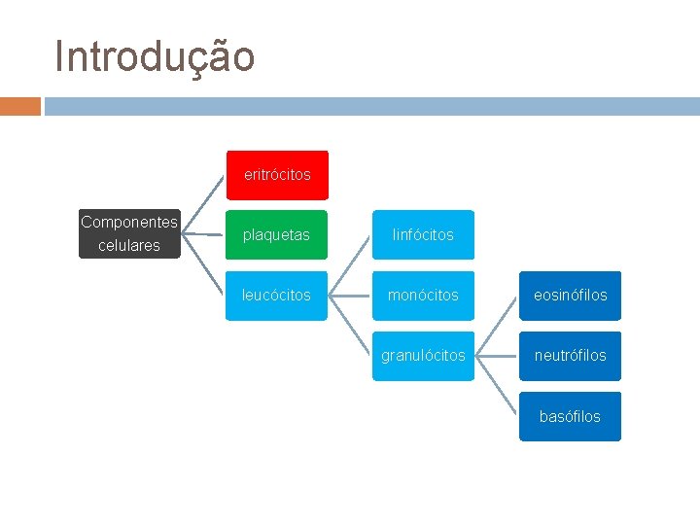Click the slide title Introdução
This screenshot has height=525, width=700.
pyautogui.click(x=156, y=56)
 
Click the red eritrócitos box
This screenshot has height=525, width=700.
pyautogui.click(x=277, y=175)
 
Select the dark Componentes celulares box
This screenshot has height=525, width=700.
pyautogui.click(x=129, y=234)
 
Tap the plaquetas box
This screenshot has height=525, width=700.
pyautogui.click(x=277, y=235)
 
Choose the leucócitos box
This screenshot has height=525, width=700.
pyautogui.click(x=277, y=296)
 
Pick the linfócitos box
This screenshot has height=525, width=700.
pyautogui.click(x=423, y=235)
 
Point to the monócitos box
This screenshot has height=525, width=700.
pyautogui.click(x=423, y=296)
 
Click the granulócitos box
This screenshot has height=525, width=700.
pyautogui.click(x=423, y=356)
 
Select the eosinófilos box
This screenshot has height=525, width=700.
pyautogui.click(x=570, y=296)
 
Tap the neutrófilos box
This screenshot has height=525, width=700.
pyautogui.click(x=570, y=356)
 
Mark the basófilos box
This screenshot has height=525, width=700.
pyautogui.click(x=570, y=417)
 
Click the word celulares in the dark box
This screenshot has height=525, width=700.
pyautogui.click(x=129, y=246)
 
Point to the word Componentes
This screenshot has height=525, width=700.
pyautogui.click(x=129, y=223)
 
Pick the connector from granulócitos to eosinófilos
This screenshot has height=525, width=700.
pyautogui.click(x=497, y=326)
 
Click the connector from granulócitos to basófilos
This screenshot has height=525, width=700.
pyautogui.click(x=497, y=386)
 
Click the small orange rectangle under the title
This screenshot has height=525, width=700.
pyautogui.click(x=20, y=106)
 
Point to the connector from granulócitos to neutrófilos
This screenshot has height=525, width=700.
pyautogui.click(x=497, y=356)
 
